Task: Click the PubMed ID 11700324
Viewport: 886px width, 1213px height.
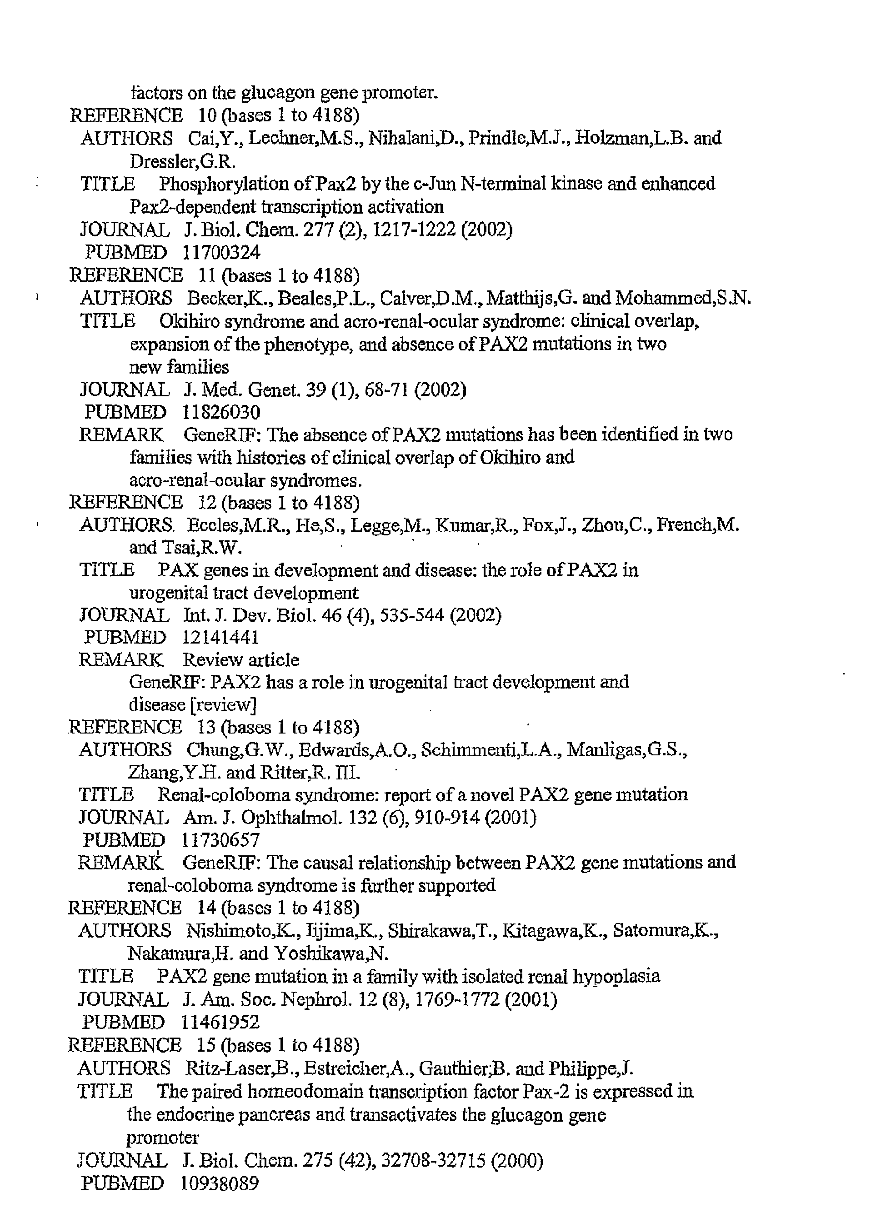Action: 221,252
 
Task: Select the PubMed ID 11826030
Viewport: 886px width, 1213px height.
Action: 221,412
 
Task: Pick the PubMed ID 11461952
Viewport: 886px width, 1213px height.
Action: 220,1022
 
